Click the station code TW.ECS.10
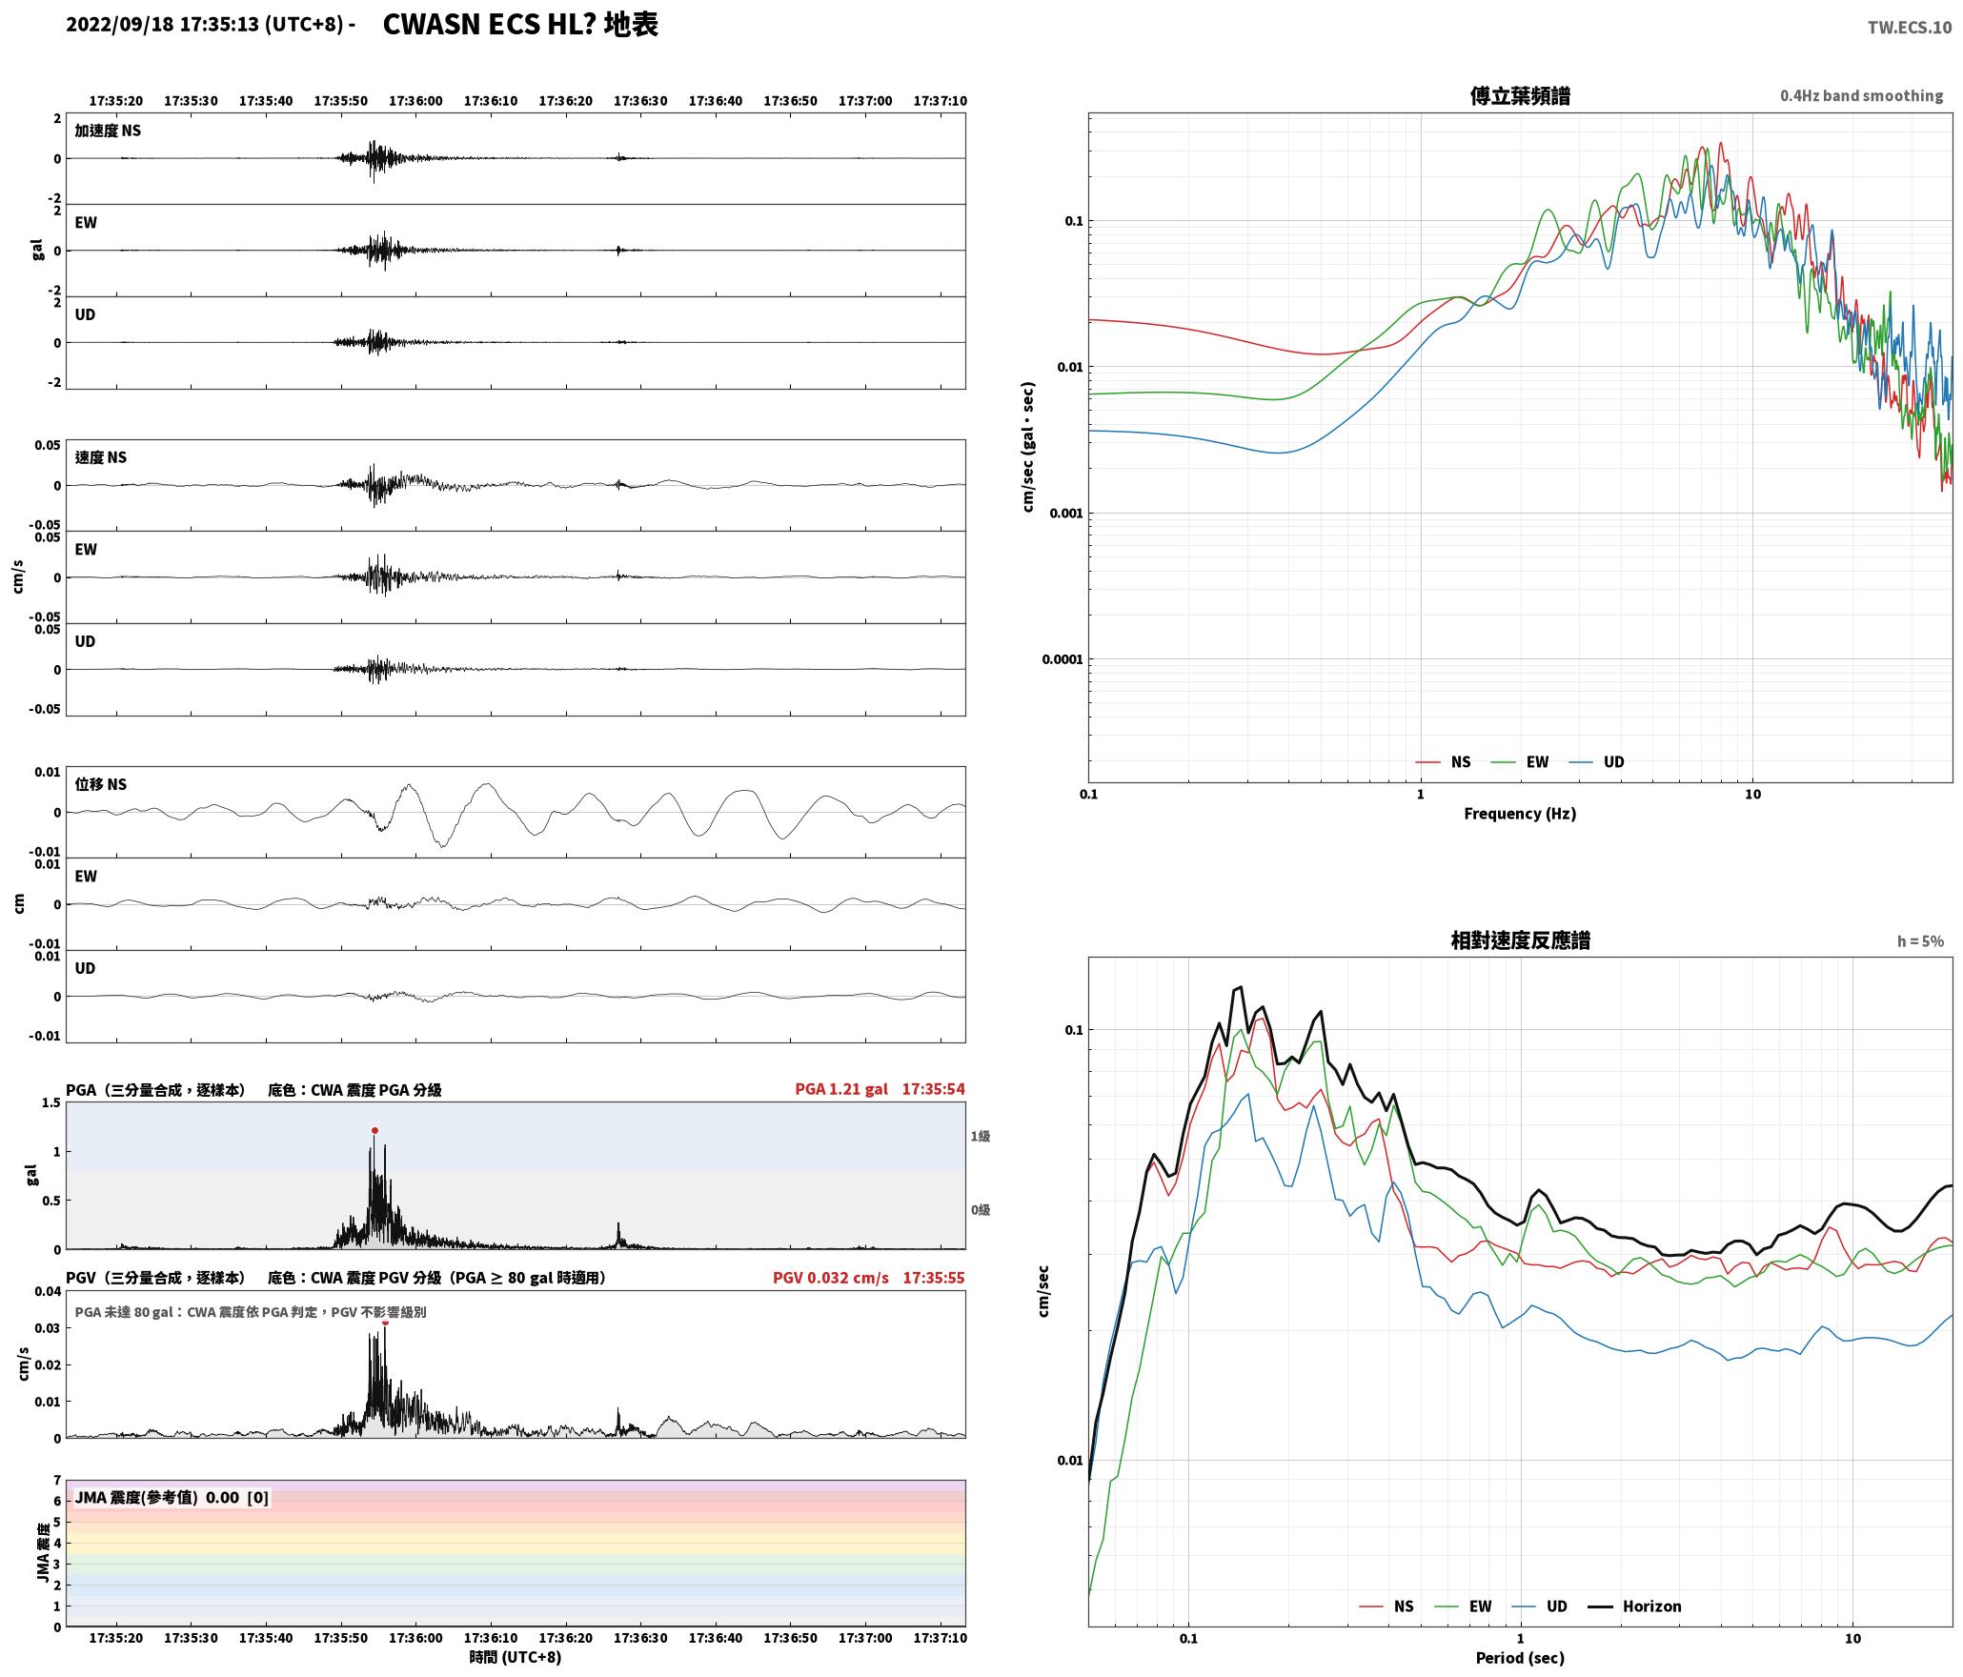[1909, 28]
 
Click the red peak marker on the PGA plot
[374, 1130]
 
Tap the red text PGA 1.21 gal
[841, 1089]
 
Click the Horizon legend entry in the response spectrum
[1634, 1606]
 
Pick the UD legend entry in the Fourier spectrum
[1597, 762]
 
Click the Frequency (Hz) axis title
[1520, 814]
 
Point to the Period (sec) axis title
[1520, 1658]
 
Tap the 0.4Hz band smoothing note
[1861, 96]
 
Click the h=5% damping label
[1920, 941]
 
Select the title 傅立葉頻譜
[1520, 95]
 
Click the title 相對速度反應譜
[1520, 940]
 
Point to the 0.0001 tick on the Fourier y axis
[1062, 659]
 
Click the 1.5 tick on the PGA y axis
[51, 1103]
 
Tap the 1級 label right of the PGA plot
[981, 1136]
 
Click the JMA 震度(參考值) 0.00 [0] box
[172, 1498]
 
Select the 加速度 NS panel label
[108, 131]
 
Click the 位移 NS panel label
[101, 784]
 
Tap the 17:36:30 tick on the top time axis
[640, 101]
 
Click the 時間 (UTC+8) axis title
[516, 1658]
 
